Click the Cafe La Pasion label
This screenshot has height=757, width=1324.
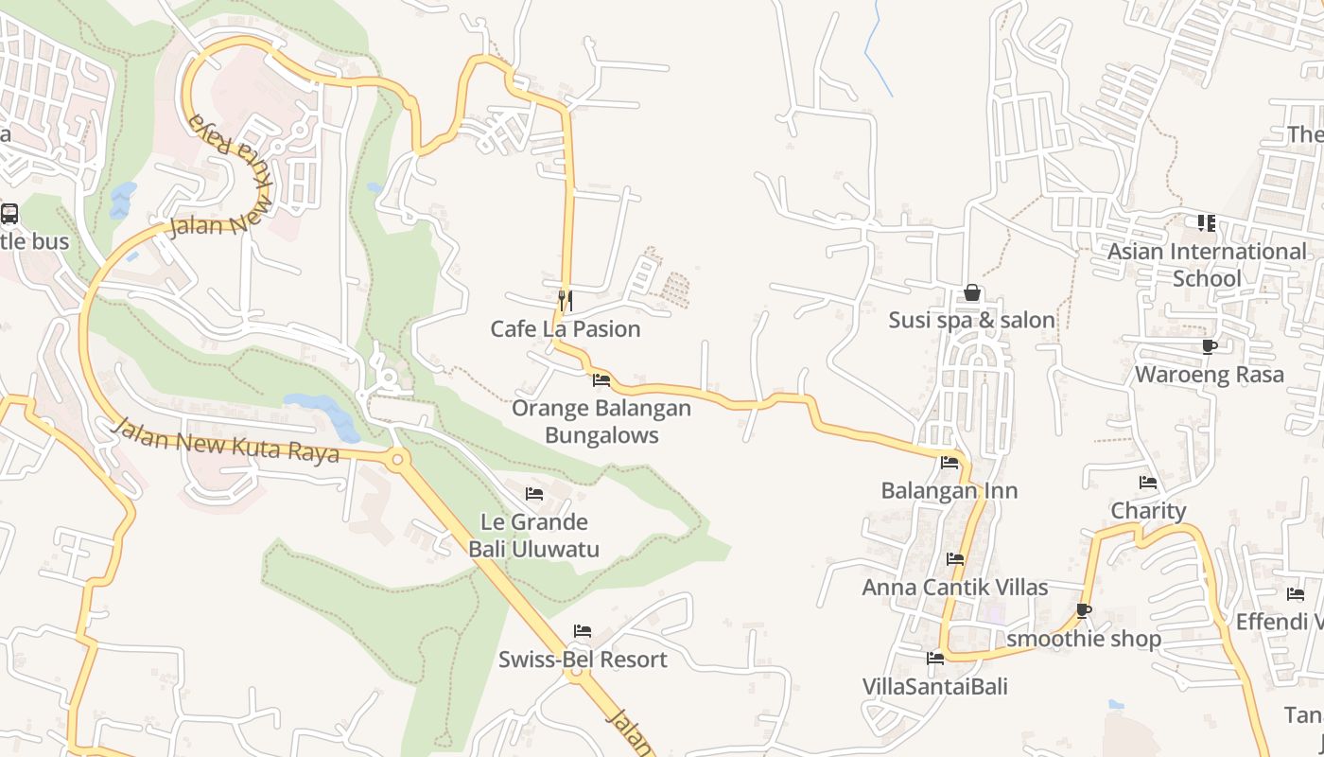[x=565, y=329]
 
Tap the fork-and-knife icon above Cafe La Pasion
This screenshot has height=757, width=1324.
[x=566, y=300]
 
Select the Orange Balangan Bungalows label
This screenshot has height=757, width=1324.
[x=601, y=422]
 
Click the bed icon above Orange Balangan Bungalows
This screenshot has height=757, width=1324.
[x=601, y=380]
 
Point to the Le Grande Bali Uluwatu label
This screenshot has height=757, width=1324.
[x=534, y=536]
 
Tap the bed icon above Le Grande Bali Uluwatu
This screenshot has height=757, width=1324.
[x=534, y=493]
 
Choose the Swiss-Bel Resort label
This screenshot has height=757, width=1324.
[x=583, y=660]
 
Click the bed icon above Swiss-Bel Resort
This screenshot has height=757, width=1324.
[x=583, y=630]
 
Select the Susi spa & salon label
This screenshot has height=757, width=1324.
[x=971, y=321]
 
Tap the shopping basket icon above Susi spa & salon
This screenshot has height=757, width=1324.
[x=971, y=293]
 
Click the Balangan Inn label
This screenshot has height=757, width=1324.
[x=949, y=491]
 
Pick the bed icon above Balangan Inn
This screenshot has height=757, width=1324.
[x=949, y=463]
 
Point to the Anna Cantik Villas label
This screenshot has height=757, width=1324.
[x=955, y=588]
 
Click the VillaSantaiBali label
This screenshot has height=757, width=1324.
[x=935, y=686]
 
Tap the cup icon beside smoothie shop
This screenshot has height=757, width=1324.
[x=1084, y=611]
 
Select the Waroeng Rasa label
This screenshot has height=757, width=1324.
[x=1210, y=375]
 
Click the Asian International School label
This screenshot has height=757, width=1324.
[x=1207, y=265]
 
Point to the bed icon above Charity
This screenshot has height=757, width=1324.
[x=1148, y=483]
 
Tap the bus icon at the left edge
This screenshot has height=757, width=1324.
[x=9, y=214]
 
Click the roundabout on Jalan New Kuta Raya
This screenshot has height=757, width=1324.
[x=396, y=461]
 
